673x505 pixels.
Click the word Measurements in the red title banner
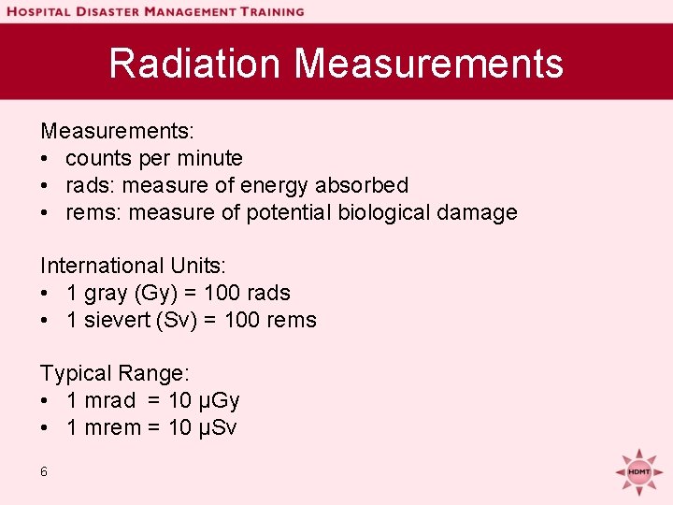pos(429,64)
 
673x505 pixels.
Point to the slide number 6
pos(44,471)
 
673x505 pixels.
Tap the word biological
pos(366,212)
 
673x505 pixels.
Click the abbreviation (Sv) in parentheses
pos(172,320)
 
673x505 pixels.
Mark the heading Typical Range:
pos(115,373)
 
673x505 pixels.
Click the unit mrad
pos(109,400)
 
